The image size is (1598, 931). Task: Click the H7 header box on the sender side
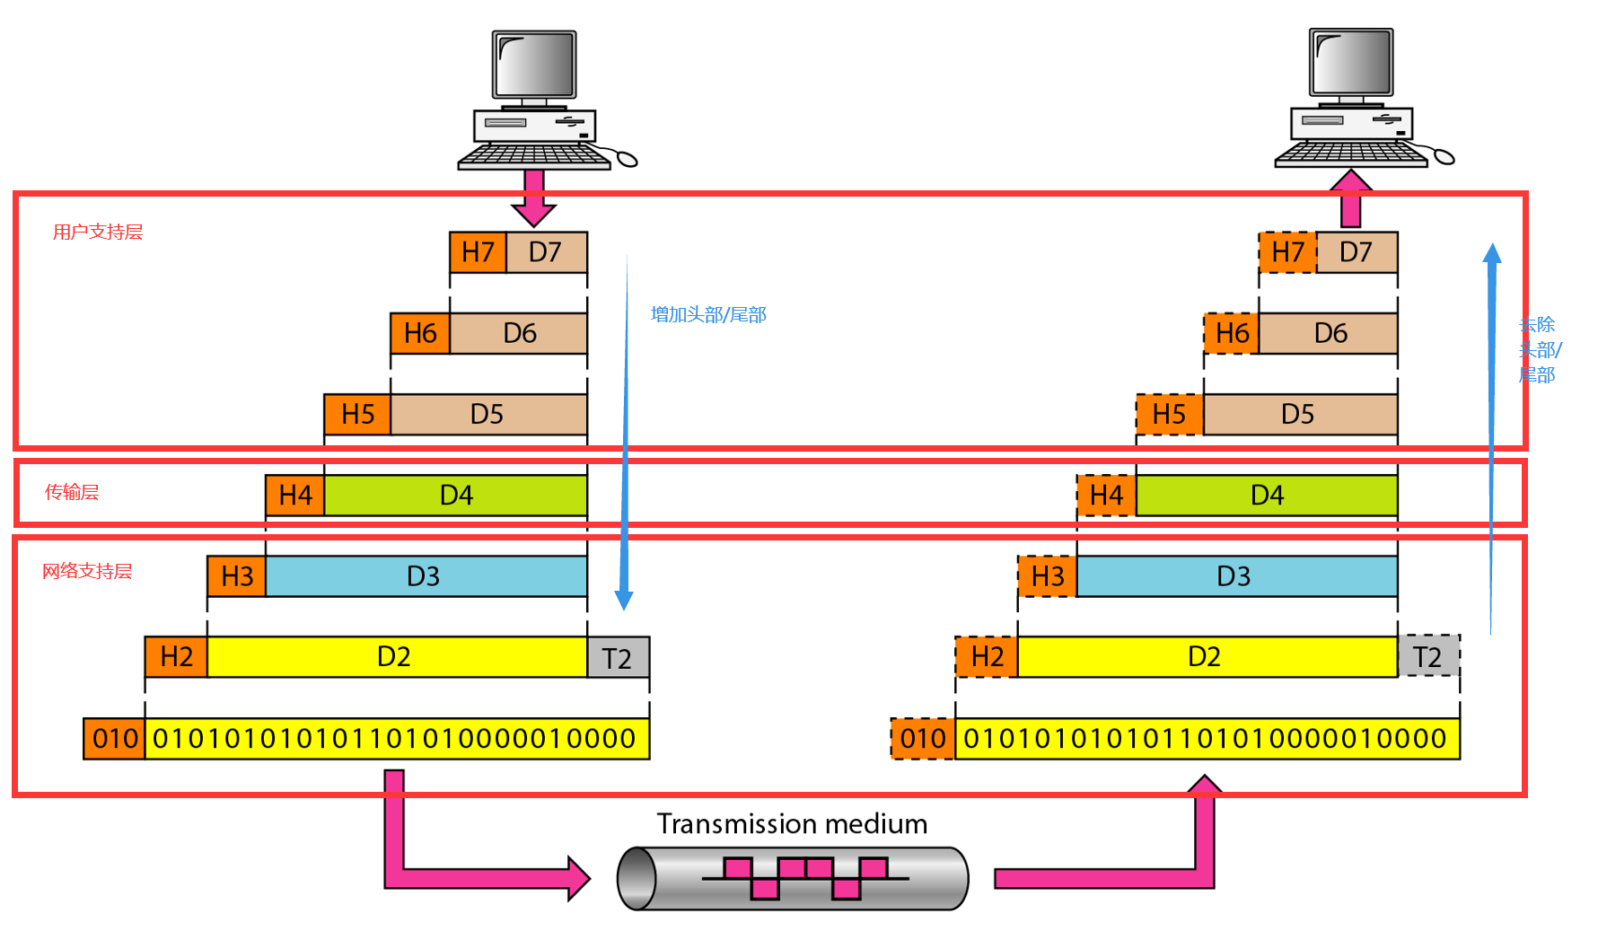(x=478, y=252)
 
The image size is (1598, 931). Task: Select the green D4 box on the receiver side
(x=1266, y=495)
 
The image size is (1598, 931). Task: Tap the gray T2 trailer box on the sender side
(x=618, y=658)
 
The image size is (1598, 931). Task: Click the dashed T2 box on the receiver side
(x=1427, y=656)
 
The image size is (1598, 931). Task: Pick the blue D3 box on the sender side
(x=425, y=575)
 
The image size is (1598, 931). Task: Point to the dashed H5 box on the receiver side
(x=1169, y=414)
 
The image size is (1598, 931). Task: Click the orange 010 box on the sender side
(x=115, y=739)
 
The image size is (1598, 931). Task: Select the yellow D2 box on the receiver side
(x=1205, y=656)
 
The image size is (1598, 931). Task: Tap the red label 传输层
(x=72, y=492)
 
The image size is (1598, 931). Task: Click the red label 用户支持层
(x=97, y=232)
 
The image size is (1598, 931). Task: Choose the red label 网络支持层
(x=87, y=571)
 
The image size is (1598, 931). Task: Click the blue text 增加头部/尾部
(x=707, y=314)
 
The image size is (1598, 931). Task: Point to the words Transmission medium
(x=792, y=823)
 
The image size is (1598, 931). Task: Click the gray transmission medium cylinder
(x=793, y=878)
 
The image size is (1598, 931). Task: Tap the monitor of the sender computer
(x=534, y=65)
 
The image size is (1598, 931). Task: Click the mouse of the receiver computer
(x=1444, y=157)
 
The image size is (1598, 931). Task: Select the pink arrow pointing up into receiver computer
(x=1350, y=198)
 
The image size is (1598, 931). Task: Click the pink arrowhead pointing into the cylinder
(x=578, y=878)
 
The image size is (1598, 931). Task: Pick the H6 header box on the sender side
(x=419, y=333)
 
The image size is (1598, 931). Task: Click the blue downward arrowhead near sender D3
(x=624, y=600)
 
